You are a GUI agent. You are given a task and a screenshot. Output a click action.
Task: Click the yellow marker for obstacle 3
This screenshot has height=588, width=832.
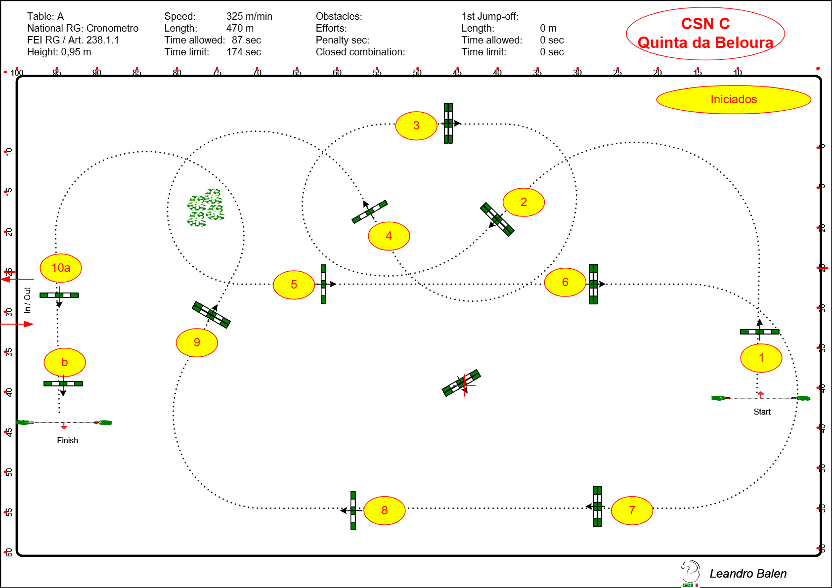416,126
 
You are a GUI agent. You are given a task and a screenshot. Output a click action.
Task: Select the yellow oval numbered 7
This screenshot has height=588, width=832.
632,510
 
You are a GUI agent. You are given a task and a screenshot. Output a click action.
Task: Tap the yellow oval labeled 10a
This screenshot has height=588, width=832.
61,268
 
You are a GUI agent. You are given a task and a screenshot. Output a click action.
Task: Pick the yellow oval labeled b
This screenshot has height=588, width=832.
64,362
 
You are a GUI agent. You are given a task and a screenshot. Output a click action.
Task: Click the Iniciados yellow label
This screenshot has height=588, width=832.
734,99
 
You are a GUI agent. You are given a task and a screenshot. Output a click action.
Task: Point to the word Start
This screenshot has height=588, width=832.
762,412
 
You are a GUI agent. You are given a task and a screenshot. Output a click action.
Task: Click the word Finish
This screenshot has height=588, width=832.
67,440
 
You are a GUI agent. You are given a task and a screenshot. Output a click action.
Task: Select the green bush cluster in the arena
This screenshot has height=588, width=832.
206,208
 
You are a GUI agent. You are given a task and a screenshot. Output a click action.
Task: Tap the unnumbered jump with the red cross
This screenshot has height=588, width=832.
461,383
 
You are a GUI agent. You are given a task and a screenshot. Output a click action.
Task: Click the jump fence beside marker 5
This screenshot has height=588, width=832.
323,284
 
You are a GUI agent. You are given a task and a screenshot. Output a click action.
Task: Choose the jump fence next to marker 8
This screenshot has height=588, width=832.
353,510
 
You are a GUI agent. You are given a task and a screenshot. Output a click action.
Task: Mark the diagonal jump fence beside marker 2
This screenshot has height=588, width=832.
497,219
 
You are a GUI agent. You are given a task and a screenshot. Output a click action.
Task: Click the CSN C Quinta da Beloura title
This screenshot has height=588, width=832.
705,34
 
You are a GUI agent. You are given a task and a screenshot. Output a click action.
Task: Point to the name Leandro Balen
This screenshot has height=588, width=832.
748,574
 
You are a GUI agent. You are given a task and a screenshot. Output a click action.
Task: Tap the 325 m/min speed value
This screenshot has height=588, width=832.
249,16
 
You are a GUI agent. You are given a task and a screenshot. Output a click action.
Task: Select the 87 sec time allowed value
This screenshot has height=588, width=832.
246,40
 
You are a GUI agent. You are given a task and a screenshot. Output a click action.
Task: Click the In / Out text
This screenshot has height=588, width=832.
28,300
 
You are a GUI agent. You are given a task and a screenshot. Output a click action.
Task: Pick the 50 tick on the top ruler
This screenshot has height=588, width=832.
417,72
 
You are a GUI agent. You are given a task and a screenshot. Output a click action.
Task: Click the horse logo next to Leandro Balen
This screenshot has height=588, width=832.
690,572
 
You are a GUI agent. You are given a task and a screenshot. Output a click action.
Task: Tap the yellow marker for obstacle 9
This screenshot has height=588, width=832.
197,342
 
